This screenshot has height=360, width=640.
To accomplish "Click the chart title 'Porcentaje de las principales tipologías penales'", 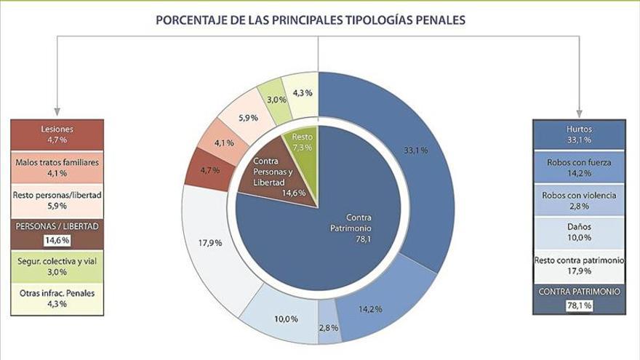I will click(x=311, y=20).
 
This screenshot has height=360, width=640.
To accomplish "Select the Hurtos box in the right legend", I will click(x=579, y=134).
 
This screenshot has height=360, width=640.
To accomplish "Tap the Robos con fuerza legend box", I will click(x=579, y=167).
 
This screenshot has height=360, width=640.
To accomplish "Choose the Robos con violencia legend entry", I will click(x=579, y=200).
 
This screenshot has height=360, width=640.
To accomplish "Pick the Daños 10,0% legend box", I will click(x=579, y=232).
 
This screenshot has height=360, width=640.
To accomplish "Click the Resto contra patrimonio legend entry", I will click(x=579, y=265).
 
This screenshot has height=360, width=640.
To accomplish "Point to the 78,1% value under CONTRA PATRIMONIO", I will click(x=579, y=305).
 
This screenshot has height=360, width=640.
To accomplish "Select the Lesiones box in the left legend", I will click(x=57, y=134).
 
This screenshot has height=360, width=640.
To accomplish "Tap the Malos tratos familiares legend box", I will click(x=57, y=167).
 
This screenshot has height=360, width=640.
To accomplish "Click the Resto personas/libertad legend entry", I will click(x=57, y=200).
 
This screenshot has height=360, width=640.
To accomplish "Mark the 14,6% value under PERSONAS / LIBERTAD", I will click(x=57, y=239).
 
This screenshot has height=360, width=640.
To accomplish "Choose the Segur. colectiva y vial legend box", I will click(x=57, y=266).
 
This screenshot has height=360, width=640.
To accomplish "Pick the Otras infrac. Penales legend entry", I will click(x=57, y=298).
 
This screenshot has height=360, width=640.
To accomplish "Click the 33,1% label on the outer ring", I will click(x=415, y=151).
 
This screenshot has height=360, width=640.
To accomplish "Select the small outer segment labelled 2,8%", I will click(x=328, y=328).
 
